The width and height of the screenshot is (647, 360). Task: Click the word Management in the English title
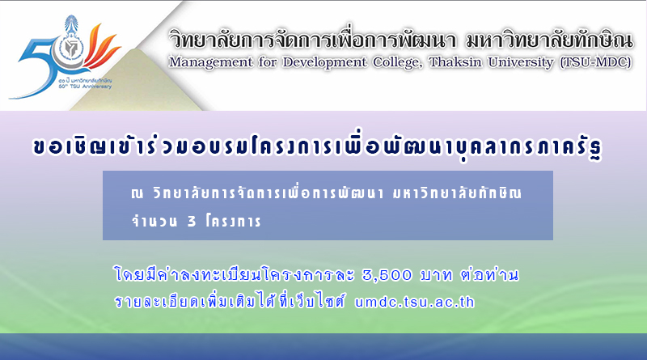pos(210,62)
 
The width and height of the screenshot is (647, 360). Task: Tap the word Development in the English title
pos(324,62)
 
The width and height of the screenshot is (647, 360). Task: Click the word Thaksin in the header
pos(455,62)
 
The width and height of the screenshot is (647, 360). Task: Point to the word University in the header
pos(521,62)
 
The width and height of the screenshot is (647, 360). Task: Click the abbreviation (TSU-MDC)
pos(595,62)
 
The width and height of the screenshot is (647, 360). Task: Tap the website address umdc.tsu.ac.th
pos(414,303)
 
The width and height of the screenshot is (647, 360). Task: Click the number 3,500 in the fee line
pos(387,275)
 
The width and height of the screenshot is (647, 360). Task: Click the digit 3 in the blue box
pos(192,222)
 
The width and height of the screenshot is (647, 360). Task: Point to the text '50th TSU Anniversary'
pos(85,87)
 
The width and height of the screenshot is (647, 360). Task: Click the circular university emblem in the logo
pos(70,49)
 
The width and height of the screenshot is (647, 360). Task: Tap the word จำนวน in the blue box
pos(154,221)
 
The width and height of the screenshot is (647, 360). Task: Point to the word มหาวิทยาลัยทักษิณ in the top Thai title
pos(549,40)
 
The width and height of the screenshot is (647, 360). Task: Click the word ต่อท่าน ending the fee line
pos(490,274)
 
